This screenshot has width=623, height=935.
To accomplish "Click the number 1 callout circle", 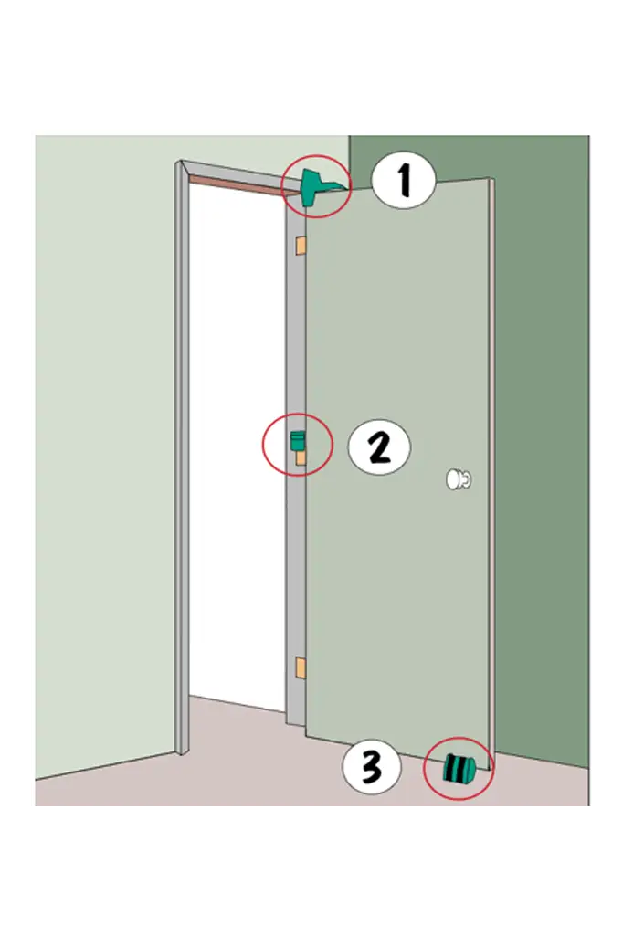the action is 404,180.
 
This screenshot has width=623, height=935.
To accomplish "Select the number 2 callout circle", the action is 379,447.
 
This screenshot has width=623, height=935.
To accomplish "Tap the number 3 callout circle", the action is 372,766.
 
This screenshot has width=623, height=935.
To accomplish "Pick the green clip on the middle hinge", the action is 297,440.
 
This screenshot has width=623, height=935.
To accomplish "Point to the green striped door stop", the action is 459,768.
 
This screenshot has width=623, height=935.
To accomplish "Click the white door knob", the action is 459,478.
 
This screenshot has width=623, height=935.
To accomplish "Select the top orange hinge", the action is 300,246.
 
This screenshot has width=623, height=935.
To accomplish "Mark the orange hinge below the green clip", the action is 301,457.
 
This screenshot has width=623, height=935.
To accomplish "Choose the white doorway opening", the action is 237,441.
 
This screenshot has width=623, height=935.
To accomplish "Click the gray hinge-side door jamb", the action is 295,465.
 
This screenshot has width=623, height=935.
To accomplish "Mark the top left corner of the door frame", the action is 176,161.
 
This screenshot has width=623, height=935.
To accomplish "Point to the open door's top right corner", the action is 491,178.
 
